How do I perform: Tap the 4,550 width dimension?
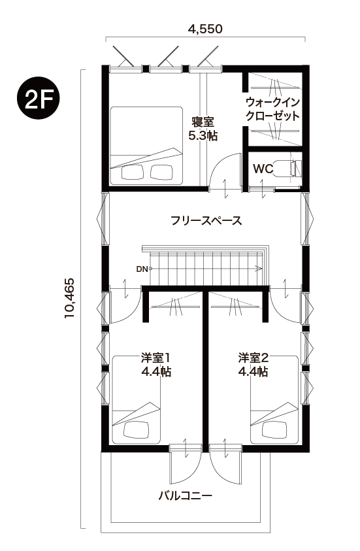pos(205,28)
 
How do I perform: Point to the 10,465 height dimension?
pos(70,299)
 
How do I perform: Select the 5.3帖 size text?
pos(203,135)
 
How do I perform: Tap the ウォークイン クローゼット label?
pos(272,109)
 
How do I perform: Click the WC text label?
pos(263,169)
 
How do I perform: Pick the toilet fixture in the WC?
pos(290,167)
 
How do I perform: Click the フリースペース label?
pos(206,220)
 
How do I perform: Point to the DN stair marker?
pos(143,268)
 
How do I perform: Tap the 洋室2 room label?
pos(254,358)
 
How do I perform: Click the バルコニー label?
pos(186,495)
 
